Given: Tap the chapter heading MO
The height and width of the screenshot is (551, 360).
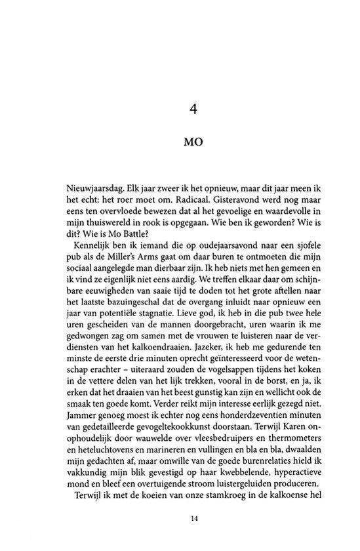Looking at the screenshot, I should [193, 143].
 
